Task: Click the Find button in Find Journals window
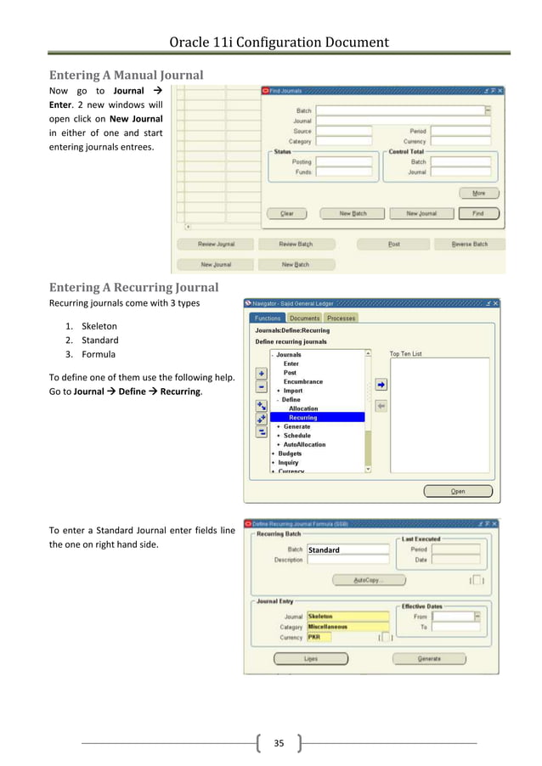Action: coord(478,213)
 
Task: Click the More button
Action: coord(478,193)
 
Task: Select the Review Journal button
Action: coord(216,244)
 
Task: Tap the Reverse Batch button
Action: coord(469,244)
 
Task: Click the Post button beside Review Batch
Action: coord(394,244)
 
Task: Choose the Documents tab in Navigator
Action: coord(305,318)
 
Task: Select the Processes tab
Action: coord(342,318)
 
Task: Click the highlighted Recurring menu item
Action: coord(302,417)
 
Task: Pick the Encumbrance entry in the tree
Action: coord(303,381)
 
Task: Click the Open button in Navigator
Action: coord(458,491)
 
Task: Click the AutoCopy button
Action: coord(369,580)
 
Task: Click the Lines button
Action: coord(311,658)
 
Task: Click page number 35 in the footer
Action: coord(278,744)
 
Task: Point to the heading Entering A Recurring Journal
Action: coord(133,286)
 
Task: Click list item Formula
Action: coord(99,354)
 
